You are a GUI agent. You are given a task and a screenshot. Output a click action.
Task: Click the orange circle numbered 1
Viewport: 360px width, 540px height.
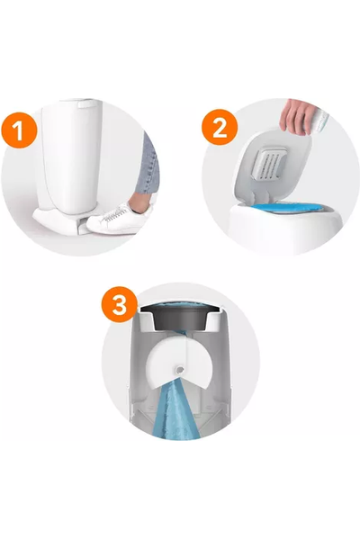tap(19, 130)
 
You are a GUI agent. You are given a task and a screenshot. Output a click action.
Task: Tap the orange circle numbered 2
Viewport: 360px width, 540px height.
tap(220, 127)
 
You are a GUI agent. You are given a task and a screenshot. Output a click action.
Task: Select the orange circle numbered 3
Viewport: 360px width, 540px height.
tap(119, 304)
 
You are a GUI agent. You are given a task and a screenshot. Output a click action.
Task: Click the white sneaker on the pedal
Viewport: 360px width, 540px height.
tap(119, 219)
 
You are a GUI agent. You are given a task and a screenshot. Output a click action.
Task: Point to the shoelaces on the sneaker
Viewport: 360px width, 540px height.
tap(114, 214)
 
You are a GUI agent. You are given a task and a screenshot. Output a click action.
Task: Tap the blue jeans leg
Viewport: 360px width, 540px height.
tap(148, 165)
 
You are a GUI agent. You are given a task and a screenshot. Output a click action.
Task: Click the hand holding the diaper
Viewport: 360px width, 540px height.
tap(294, 116)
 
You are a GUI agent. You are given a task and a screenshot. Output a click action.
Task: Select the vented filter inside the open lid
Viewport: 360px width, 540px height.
tap(271, 163)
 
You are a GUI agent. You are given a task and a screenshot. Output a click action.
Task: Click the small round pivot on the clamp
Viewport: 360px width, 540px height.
tap(180, 369)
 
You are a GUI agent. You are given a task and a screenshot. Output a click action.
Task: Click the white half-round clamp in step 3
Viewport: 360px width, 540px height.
tap(180, 362)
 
